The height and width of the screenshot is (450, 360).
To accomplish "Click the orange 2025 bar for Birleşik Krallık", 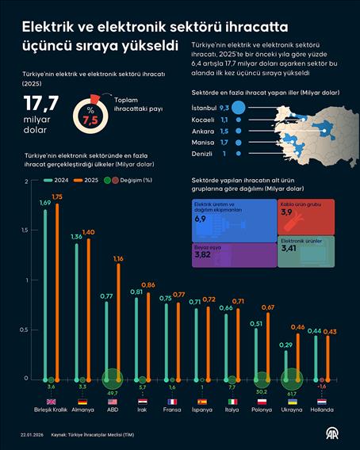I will [56, 293].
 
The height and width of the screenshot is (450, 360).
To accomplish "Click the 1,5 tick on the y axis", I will [26, 231].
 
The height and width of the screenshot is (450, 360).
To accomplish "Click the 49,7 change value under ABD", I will [112, 392].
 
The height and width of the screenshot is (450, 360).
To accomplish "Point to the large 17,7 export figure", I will [42, 105].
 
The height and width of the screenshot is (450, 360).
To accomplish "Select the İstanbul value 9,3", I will [224, 107].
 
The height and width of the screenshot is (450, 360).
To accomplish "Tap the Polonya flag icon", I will [261, 401].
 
